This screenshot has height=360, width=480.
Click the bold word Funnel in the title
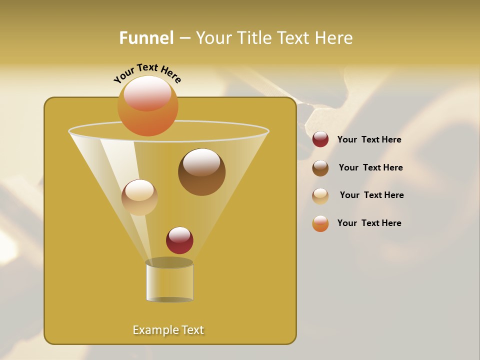[x=146, y=38]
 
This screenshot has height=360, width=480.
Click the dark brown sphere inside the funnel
[x=201, y=172]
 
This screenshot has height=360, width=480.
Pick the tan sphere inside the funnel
[x=139, y=197]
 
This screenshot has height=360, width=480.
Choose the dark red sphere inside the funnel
[x=179, y=240]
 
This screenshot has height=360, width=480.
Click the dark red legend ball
[x=320, y=139]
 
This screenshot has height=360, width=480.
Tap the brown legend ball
[x=320, y=168]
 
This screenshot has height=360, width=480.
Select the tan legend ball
[x=320, y=196]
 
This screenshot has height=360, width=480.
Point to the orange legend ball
[x=320, y=223]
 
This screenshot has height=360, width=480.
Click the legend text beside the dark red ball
[x=369, y=139]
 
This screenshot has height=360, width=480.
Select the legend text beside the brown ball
[x=370, y=167]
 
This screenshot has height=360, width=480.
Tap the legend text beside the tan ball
[x=371, y=195]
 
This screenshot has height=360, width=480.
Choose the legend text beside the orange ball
[x=369, y=223]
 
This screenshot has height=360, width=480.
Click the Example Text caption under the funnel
[x=168, y=330]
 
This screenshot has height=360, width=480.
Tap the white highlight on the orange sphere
[x=147, y=92]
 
